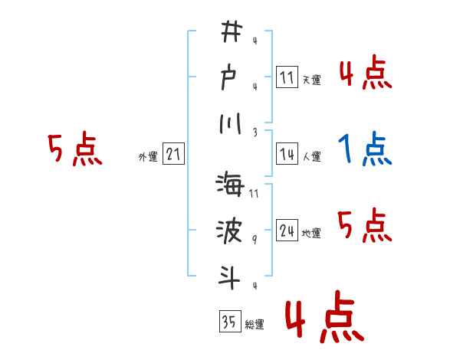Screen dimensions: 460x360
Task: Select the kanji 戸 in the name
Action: [230, 78]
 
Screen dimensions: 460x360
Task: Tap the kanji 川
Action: [230, 123]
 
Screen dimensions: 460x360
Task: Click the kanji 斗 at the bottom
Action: [230, 276]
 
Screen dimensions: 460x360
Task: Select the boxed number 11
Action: [287, 78]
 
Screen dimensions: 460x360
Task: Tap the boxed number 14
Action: [287, 154]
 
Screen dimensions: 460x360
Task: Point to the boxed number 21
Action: [173, 155]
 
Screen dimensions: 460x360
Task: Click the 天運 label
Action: [312, 80]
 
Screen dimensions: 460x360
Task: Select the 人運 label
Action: [312, 156]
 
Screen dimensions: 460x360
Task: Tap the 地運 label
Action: [312, 233]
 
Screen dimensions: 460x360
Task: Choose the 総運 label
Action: [255, 324]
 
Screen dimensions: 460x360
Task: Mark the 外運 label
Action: [148, 157]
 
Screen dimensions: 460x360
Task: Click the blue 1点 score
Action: [366, 149]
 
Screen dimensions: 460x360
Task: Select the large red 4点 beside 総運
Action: [323, 319]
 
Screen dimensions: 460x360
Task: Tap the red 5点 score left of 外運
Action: [74, 149]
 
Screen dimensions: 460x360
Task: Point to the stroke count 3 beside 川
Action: [254, 133]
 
